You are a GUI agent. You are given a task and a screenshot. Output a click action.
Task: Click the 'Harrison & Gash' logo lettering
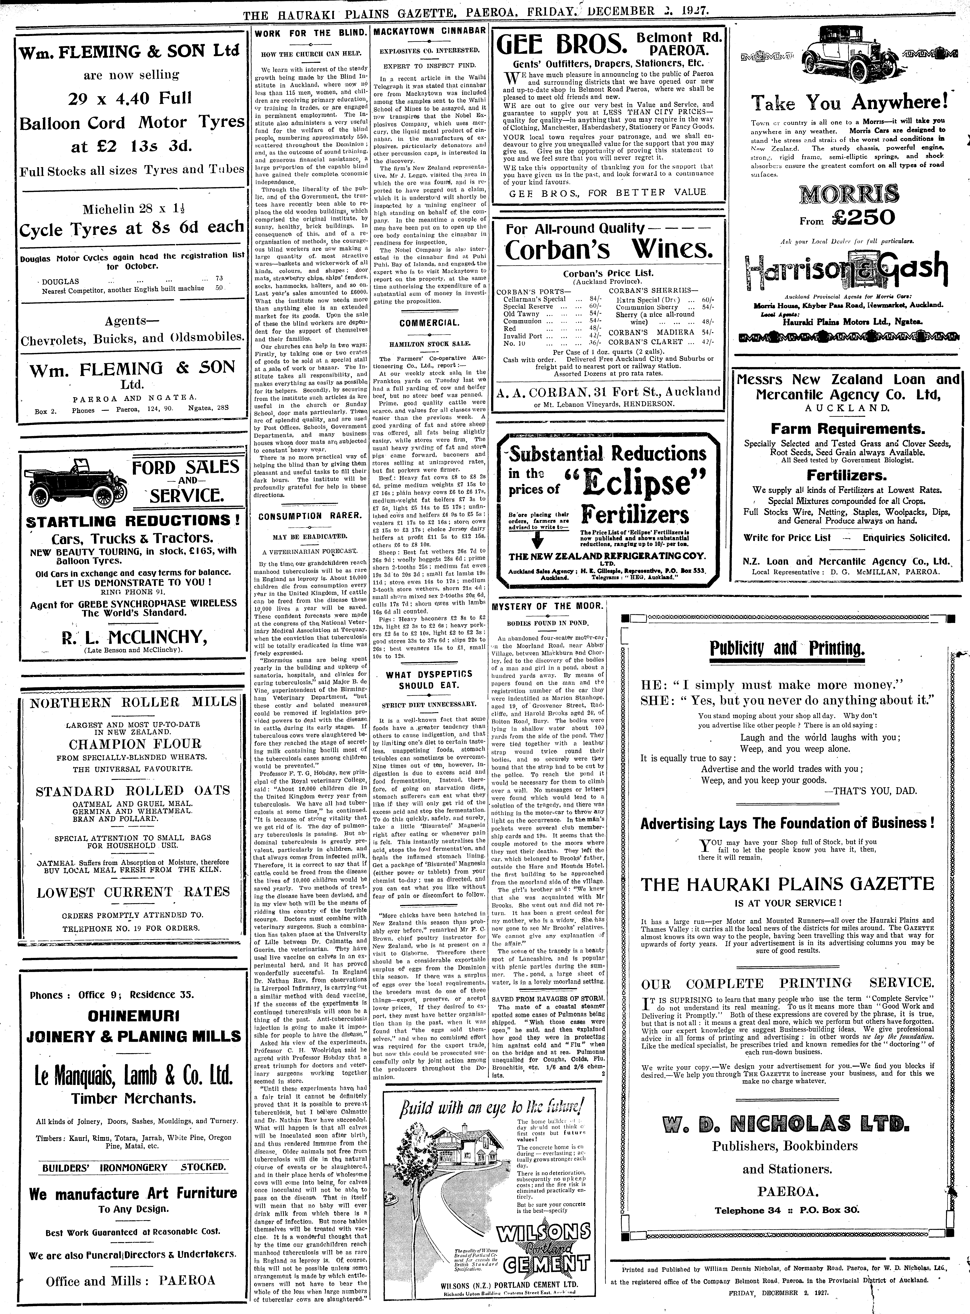coord(845,270)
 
